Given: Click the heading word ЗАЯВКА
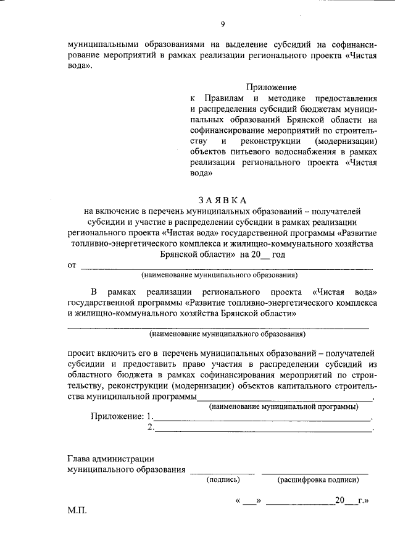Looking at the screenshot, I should pyautogui.click(x=222, y=200).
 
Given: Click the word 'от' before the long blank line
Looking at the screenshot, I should pyautogui.click(x=71, y=266).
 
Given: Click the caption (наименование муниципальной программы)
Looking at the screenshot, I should pyautogui.click(x=285, y=407).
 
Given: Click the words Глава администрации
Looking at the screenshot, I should pyautogui.click(x=110, y=458).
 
